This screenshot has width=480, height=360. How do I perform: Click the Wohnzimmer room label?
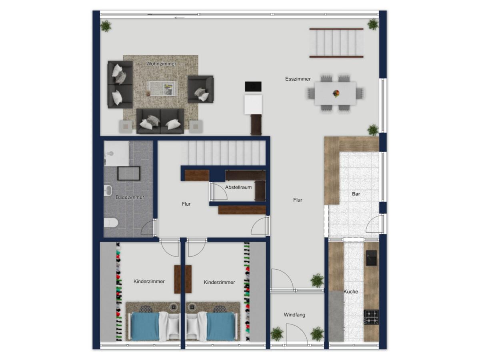161,64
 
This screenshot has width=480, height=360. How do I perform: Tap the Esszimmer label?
298,79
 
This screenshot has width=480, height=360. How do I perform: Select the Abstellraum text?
238,187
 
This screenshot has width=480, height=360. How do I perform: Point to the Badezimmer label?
130,197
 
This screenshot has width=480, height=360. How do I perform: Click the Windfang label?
294,315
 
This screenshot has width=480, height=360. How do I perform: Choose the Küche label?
351,291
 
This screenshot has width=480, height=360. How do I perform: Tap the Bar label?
356,194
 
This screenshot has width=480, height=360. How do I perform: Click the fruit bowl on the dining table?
336,94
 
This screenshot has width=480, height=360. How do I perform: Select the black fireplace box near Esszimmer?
253,86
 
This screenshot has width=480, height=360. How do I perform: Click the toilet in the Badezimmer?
111,223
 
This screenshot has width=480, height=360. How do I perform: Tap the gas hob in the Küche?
371,317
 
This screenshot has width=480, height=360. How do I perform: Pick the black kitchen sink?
371,258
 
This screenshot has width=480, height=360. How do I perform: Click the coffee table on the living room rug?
162,88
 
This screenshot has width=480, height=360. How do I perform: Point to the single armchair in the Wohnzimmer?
200,89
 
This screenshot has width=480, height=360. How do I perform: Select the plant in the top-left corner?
106,26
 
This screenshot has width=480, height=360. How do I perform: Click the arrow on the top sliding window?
180,18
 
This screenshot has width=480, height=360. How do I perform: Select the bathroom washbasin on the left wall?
108,190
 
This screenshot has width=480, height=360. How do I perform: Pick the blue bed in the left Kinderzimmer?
145,326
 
